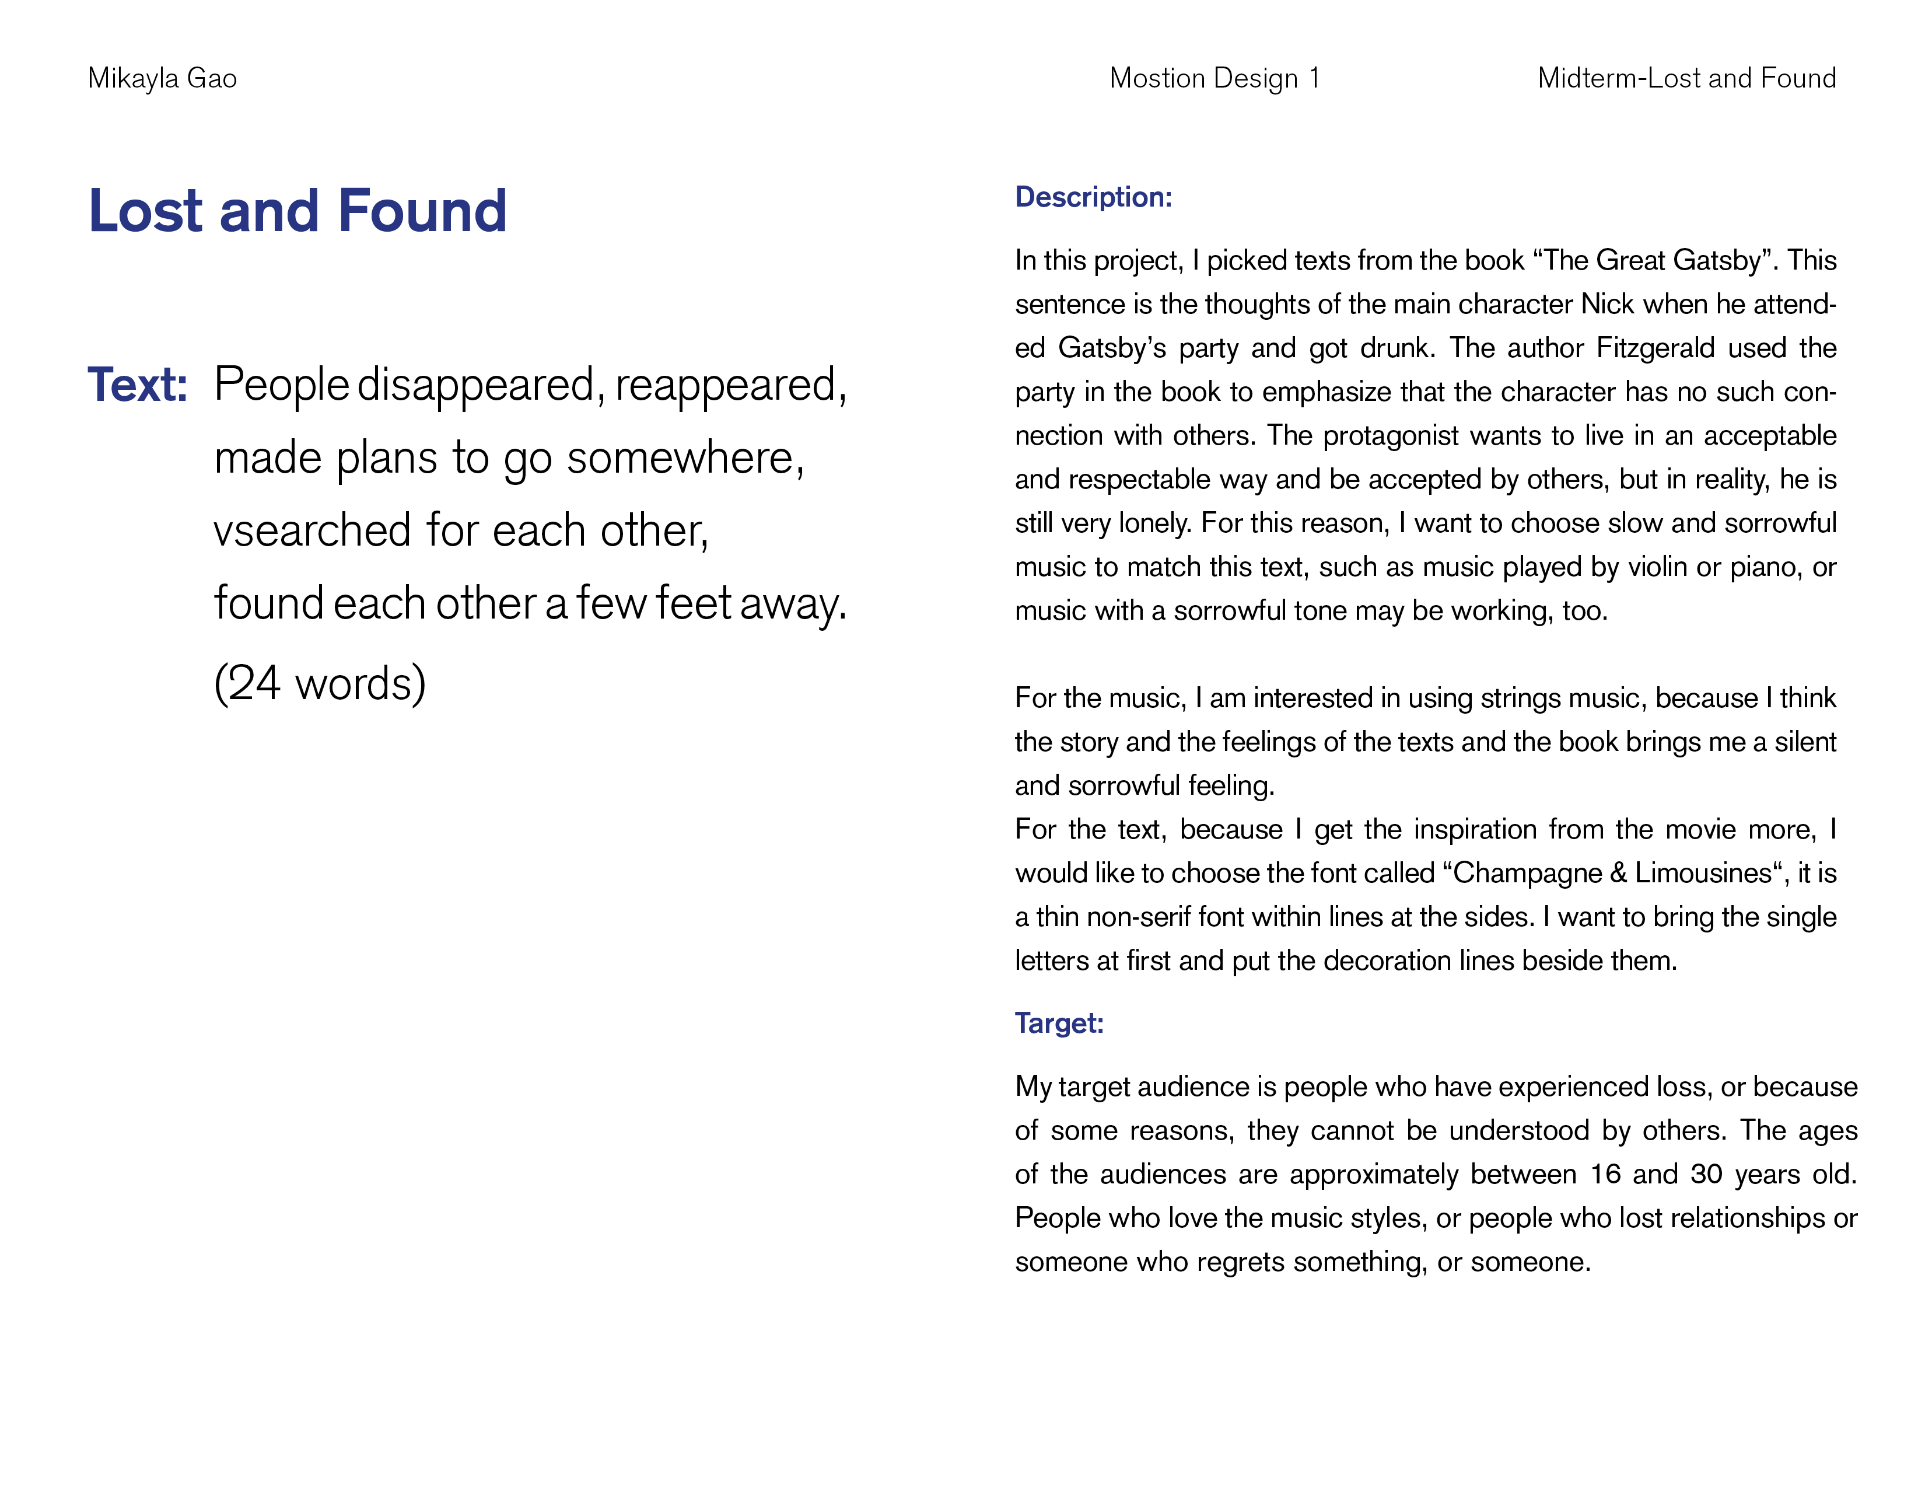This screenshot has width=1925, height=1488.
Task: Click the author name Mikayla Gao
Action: [x=162, y=78]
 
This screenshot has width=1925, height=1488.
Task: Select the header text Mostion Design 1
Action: [x=1214, y=78]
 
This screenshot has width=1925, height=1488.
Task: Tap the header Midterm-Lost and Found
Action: [x=1686, y=78]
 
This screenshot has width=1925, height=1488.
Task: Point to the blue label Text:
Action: [x=138, y=385]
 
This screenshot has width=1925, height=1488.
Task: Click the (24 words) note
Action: [x=320, y=683]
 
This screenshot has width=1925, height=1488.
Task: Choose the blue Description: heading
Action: [x=1093, y=197]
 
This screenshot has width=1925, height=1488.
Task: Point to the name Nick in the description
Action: [x=1608, y=304]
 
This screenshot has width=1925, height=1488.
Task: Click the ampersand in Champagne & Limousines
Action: [x=1618, y=873]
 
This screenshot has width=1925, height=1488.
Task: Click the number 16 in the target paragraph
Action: [x=1605, y=1174]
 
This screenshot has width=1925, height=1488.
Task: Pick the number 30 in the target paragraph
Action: [x=1706, y=1174]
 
